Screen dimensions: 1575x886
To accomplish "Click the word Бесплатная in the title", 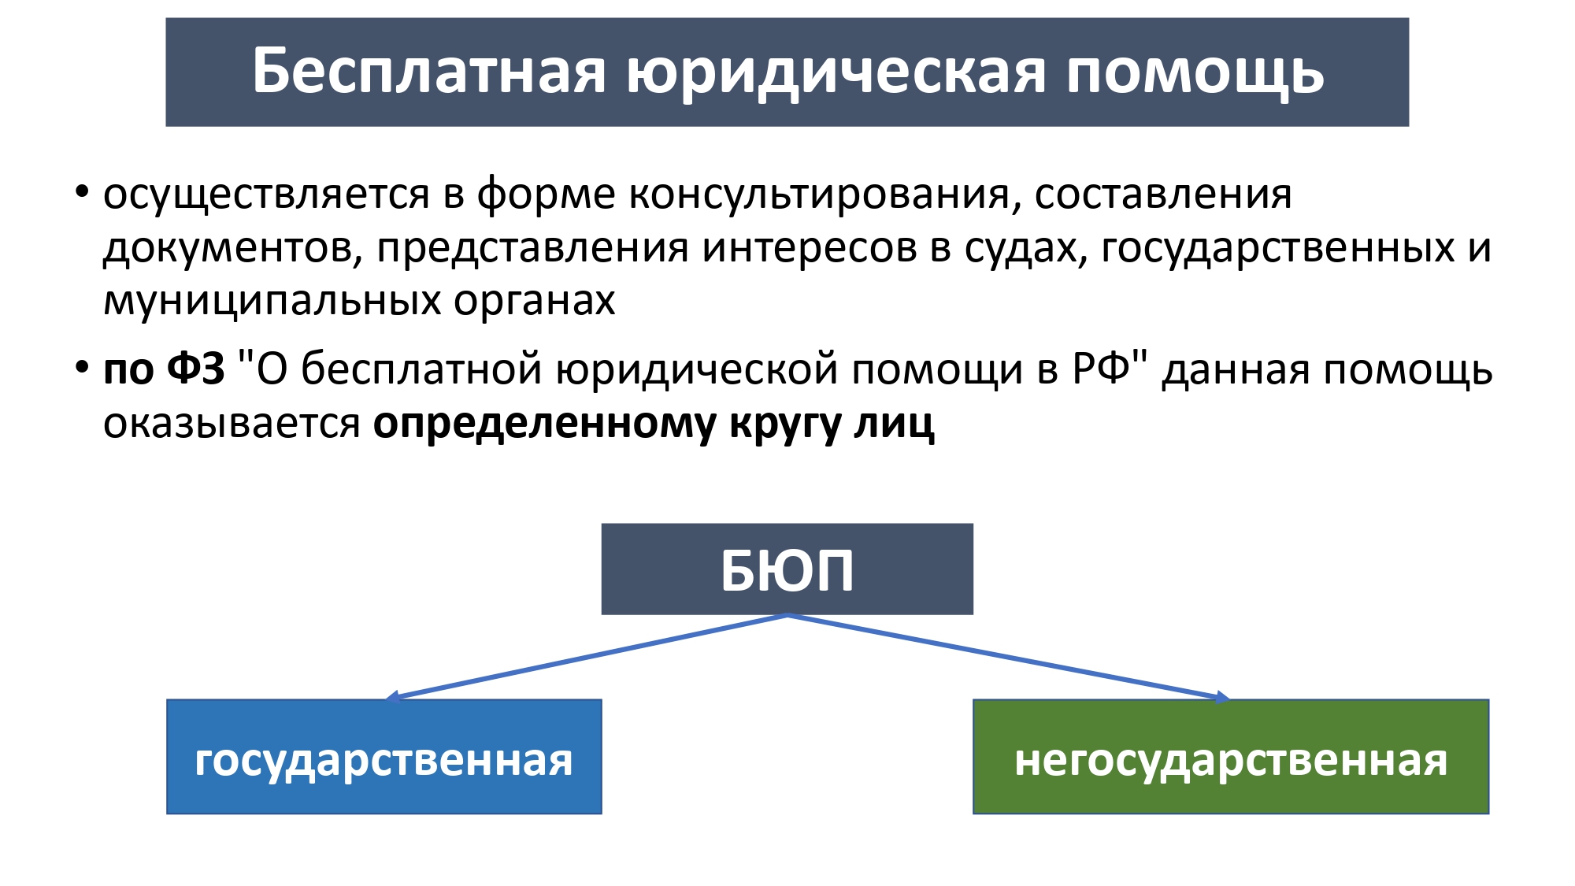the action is pos(429,71).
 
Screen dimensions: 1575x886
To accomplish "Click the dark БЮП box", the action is pos(787,569).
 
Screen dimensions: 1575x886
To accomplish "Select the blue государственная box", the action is pos(384,757).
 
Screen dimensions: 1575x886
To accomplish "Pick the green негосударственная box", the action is pos(1231,757).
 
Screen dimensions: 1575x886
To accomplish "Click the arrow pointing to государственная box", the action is pos(587,657).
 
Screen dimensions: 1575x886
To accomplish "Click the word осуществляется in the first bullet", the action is pos(266,195).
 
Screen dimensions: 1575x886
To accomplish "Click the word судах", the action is pos(1025,250).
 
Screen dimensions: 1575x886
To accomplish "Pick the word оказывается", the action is pos(232,425).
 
